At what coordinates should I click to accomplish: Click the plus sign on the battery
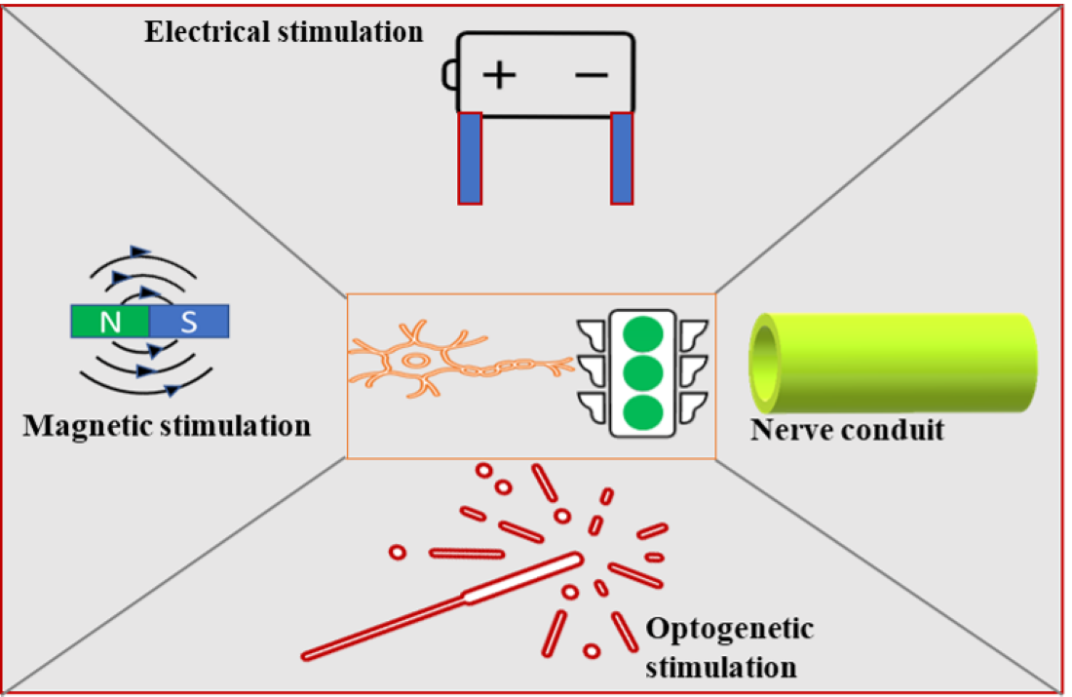[x=499, y=75]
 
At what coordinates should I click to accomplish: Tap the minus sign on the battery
[x=592, y=75]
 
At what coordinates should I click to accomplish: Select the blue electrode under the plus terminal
[x=470, y=158]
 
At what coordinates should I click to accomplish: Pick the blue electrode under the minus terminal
[x=622, y=158]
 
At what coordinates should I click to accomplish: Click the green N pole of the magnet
[x=110, y=322]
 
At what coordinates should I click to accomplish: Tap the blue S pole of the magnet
[x=189, y=322]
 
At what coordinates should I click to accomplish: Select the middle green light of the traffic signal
[x=642, y=371]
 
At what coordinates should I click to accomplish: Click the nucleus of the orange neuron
[x=416, y=361]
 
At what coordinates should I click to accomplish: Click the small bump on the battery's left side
[x=449, y=75]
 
